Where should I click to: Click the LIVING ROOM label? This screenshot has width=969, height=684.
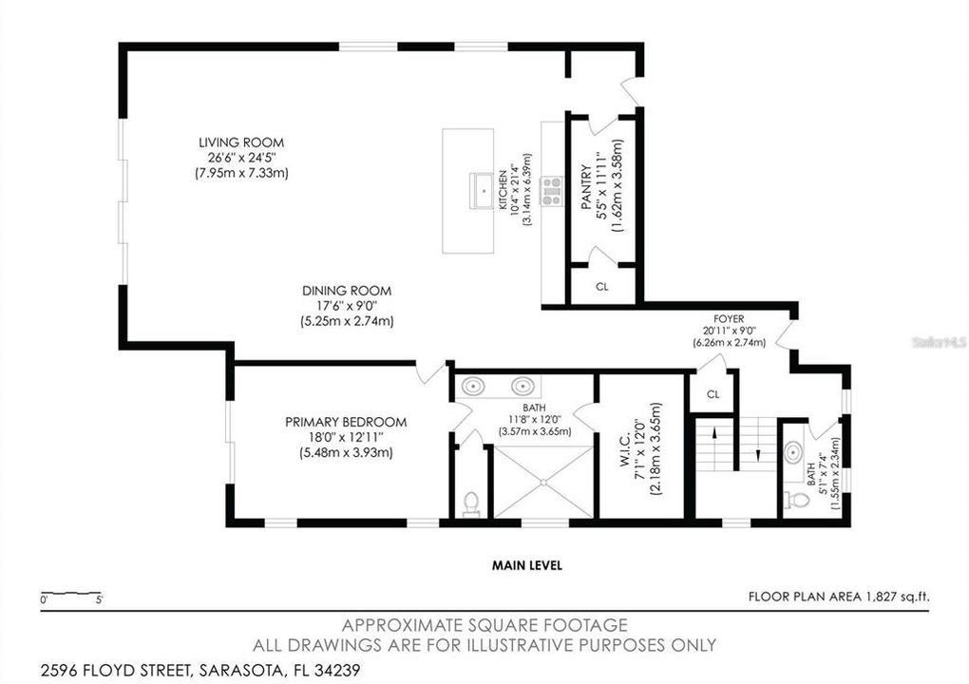tap(240, 142)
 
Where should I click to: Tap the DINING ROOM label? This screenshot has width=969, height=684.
tap(346, 291)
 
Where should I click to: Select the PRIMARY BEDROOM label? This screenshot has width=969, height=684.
tap(346, 422)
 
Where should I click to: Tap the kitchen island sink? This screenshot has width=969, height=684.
tap(483, 191)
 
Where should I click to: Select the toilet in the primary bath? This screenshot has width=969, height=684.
tap(471, 503)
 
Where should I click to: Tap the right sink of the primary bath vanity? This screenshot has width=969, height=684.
tap(522, 387)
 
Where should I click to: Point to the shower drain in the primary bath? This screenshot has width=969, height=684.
tap(543, 482)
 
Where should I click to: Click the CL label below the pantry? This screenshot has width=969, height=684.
tap(601, 286)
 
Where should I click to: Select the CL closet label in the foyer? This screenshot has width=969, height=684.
tap(712, 393)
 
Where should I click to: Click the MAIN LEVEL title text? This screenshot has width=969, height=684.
tap(526, 565)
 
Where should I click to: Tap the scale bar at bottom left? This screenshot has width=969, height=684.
tap(71, 595)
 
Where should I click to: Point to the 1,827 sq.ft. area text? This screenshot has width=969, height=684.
tap(896, 597)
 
